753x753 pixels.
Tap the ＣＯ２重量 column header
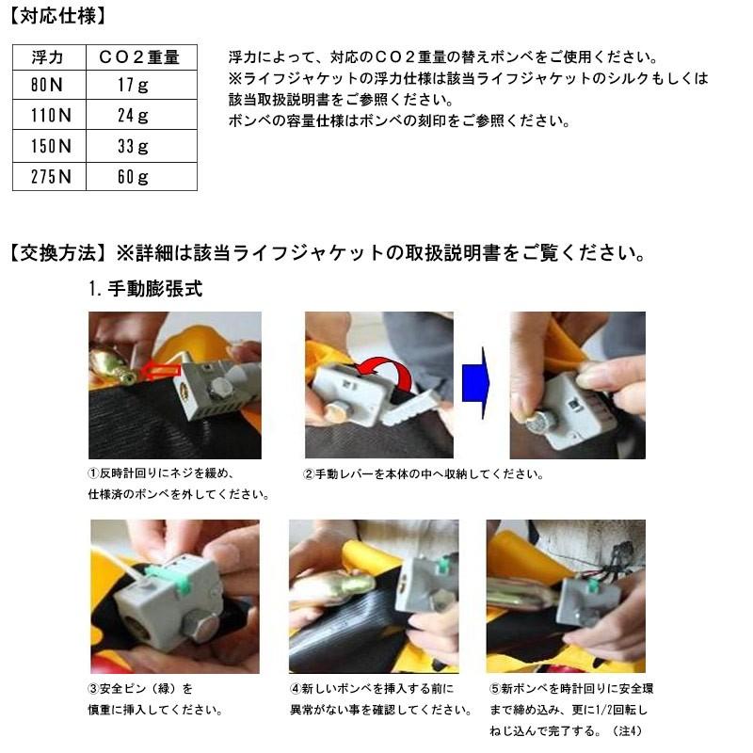tap(140, 58)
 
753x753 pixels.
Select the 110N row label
tap(49, 117)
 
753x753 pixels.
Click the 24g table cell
tap(140, 117)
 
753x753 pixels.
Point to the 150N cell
tap(49, 146)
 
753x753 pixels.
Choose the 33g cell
tap(140, 146)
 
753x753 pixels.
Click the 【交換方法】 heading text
tap(58, 254)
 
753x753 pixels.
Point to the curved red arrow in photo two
tap(385, 376)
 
